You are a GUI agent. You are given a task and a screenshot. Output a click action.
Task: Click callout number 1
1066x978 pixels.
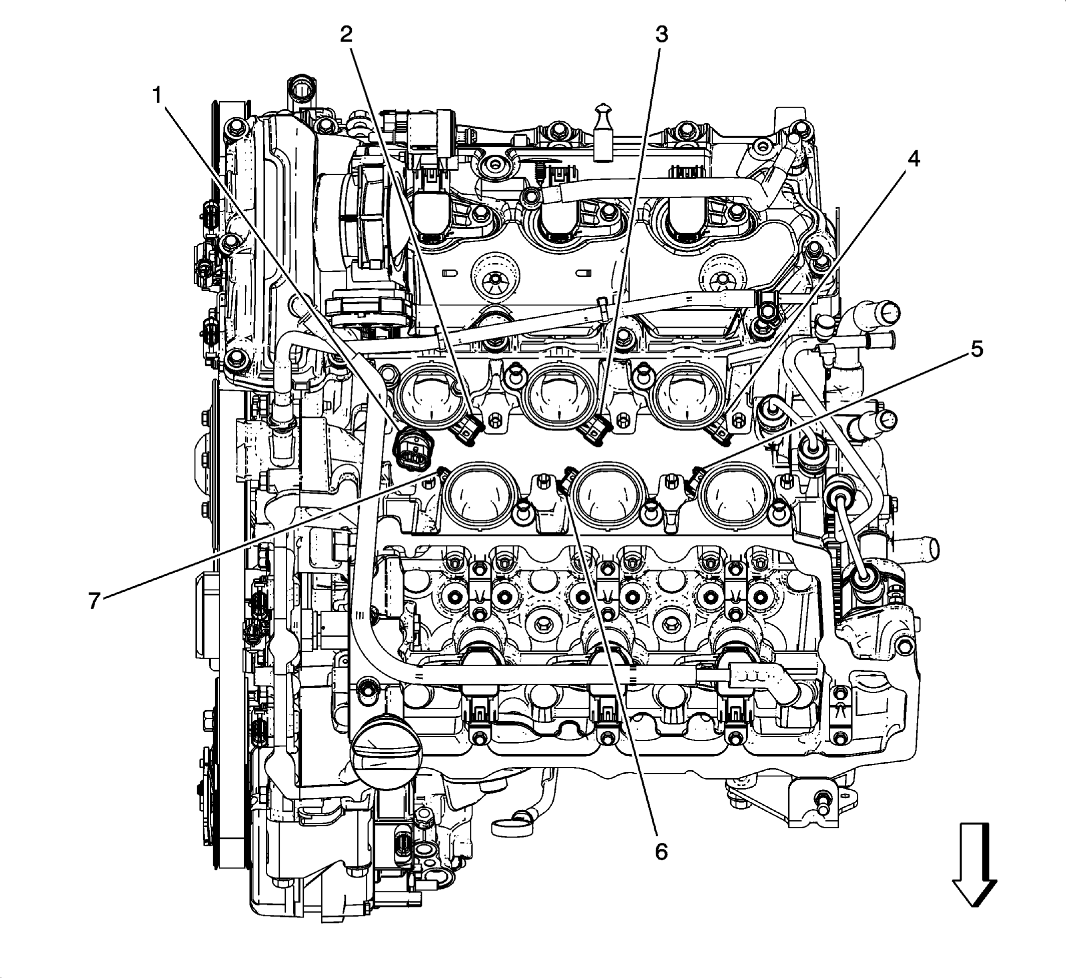[157, 96]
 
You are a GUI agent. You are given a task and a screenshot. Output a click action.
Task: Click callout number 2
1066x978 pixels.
[346, 35]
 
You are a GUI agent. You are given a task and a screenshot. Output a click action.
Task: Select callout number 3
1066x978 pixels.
[662, 35]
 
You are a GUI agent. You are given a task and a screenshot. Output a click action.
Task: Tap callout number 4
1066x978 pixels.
[913, 159]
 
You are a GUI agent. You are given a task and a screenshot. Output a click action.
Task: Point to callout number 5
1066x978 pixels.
[976, 349]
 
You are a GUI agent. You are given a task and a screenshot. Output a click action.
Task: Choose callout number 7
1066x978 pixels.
[94, 601]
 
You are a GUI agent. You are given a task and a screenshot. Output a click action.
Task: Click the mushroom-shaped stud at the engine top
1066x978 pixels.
[603, 130]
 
